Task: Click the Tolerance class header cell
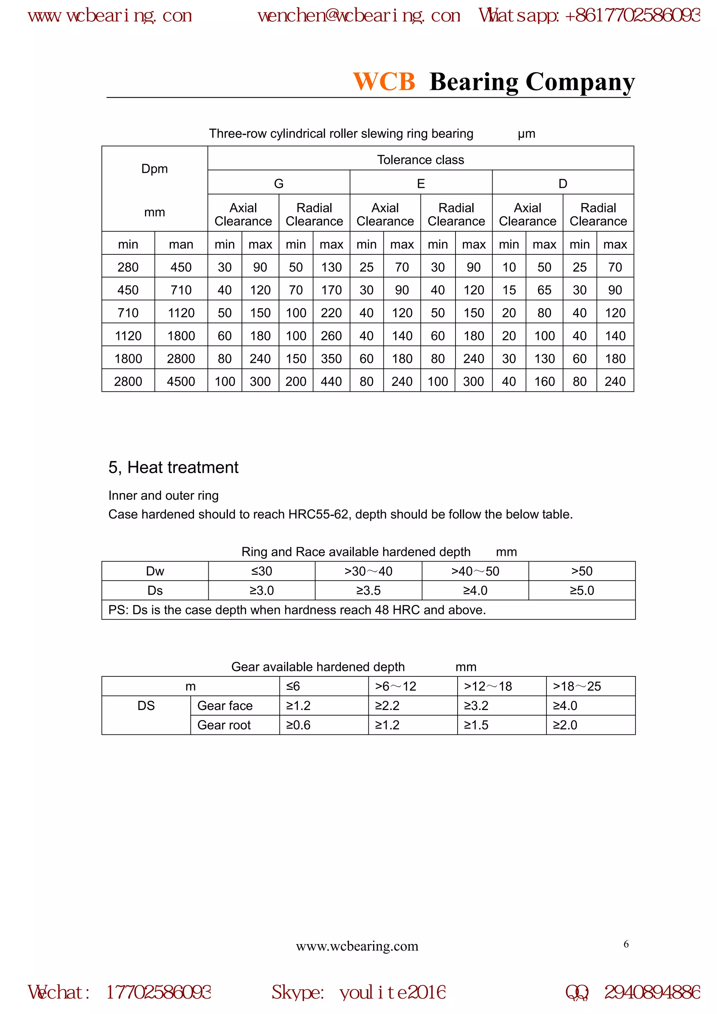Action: (420, 160)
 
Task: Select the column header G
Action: (278, 183)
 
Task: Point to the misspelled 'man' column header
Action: (181, 244)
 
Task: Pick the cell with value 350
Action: (331, 358)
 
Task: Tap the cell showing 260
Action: (331, 336)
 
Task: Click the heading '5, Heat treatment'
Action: (173, 467)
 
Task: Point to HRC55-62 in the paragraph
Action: (318, 514)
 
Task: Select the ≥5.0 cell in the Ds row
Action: (582, 591)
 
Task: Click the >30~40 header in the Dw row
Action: (368, 571)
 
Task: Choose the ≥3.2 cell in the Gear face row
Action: (476, 705)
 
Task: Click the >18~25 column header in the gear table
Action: (577, 686)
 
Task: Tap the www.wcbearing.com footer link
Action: (357, 946)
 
